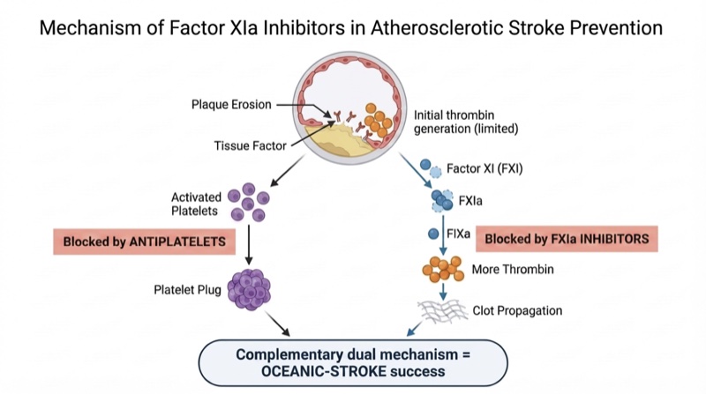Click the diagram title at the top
pos(353,27)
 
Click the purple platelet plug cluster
pos(250,288)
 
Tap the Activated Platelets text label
pos(197,203)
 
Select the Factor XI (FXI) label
pos(484,167)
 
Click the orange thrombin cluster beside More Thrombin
pos(445,269)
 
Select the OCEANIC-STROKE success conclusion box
pos(353,361)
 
